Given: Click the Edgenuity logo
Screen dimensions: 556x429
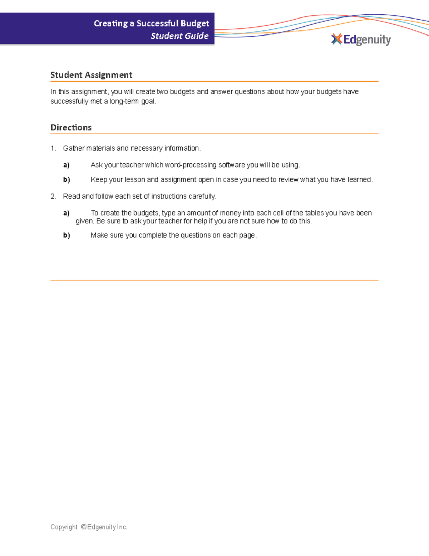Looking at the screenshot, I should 361,39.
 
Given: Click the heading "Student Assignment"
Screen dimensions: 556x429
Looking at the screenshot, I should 91,75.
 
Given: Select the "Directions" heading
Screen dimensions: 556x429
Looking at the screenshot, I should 71,127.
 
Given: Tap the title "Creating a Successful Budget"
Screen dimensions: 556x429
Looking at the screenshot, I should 151,23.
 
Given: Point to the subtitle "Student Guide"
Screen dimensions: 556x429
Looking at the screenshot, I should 179,36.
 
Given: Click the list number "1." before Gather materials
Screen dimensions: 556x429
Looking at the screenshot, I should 53,148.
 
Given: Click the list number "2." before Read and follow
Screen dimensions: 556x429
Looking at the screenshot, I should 53,196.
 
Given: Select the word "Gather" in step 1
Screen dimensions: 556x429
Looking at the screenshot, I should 74,148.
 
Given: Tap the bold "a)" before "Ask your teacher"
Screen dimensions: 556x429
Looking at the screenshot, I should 66,165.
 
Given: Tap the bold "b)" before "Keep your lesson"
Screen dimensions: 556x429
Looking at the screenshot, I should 66,180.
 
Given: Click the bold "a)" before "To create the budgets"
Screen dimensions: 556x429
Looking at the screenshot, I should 66,213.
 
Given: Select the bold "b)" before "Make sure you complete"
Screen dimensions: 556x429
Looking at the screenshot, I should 66,235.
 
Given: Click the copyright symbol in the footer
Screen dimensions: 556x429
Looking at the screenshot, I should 84,527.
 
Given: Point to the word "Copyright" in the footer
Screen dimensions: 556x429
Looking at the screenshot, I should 64,527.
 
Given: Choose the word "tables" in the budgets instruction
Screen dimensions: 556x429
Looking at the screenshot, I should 314,213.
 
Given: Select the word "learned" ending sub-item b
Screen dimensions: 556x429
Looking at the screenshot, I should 359,180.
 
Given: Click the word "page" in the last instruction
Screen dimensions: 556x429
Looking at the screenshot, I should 247,235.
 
